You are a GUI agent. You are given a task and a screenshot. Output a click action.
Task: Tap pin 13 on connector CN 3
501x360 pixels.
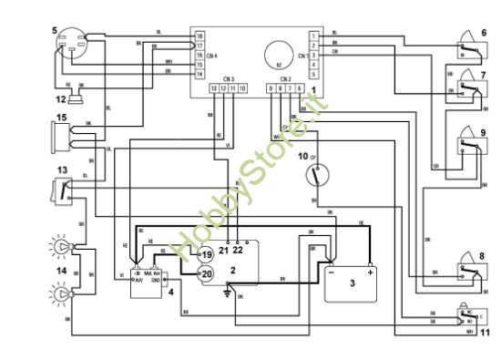point(214,87)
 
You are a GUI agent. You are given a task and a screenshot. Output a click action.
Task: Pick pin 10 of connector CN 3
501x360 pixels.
point(241,87)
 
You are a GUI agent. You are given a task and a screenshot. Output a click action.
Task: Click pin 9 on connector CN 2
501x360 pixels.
point(271,87)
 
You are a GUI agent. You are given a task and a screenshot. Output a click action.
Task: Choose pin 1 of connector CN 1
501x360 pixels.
point(313,35)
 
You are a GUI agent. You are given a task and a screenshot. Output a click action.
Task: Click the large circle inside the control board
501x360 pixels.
point(276,52)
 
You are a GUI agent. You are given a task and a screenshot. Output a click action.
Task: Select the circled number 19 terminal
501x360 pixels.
point(206,254)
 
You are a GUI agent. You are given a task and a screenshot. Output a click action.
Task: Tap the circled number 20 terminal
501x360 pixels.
point(206,272)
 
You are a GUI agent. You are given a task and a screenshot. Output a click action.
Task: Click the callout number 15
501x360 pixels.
point(62,117)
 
